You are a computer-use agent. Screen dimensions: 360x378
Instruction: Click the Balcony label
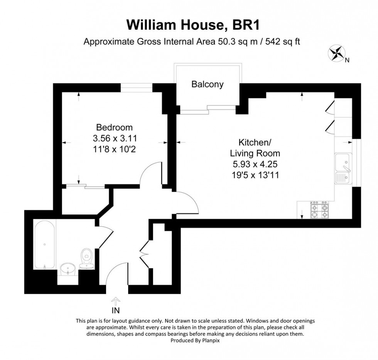click(207, 84)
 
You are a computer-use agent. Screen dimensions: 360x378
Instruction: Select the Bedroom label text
click(114, 127)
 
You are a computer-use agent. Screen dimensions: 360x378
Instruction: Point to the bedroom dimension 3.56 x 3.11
click(114, 138)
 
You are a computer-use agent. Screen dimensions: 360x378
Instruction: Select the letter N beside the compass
click(347, 60)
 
